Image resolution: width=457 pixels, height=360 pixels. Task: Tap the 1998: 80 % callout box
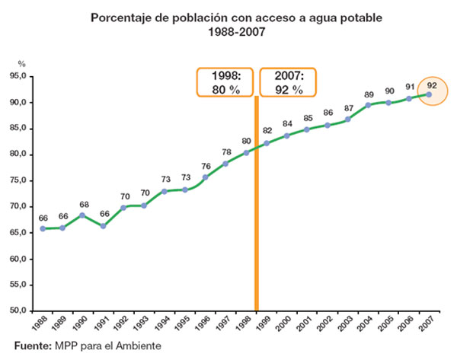click(226, 82)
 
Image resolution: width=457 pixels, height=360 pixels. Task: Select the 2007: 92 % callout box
click(287, 82)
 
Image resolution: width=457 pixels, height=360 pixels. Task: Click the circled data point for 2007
click(430, 94)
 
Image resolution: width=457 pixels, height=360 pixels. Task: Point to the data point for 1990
click(83, 215)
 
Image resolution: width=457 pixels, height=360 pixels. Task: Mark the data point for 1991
click(103, 225)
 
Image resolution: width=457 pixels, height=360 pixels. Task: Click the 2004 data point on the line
click(369, 105)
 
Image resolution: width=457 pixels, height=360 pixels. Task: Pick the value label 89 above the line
click(369, 94)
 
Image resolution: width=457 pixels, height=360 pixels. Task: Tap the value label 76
click(206, 166)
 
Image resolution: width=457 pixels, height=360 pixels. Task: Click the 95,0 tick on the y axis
click(19, 77)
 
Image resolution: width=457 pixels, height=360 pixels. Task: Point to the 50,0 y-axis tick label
click(19, 311)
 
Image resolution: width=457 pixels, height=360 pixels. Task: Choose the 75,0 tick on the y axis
click(19, 180)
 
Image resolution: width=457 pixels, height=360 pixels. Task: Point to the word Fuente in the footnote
click(28, 346)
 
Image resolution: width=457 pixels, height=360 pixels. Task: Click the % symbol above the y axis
click(22, 65)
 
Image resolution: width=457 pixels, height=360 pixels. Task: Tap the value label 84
click(287, 124)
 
